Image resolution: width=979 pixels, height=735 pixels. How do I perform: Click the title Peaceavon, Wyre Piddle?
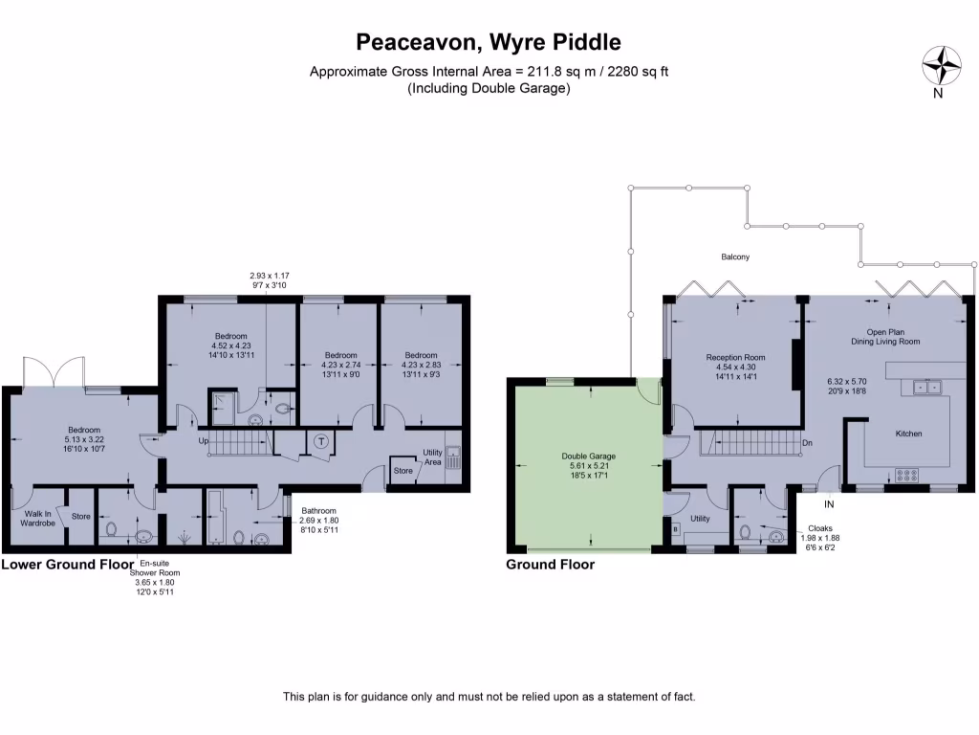pos(489,42)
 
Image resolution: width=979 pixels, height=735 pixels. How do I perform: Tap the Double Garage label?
pos(588,456)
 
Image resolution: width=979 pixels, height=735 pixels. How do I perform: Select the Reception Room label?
pos(735,357)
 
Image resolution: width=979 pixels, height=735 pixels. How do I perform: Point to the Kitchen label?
pos(908,434)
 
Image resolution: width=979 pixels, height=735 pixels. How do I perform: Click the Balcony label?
pos(735,256)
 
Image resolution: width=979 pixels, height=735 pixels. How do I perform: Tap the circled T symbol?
pos(321,441)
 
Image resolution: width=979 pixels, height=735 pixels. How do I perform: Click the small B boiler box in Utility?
pos(676,528)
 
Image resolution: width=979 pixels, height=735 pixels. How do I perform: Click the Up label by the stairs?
pos(203,441)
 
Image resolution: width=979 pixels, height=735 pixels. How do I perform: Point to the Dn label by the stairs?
pos(808,443)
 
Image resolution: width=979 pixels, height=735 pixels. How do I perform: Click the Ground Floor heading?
pos(550,565)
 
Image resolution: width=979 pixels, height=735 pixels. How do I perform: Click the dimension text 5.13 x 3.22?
pos(84,441)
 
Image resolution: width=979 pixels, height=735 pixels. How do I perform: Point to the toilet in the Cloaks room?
pos(745,532)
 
